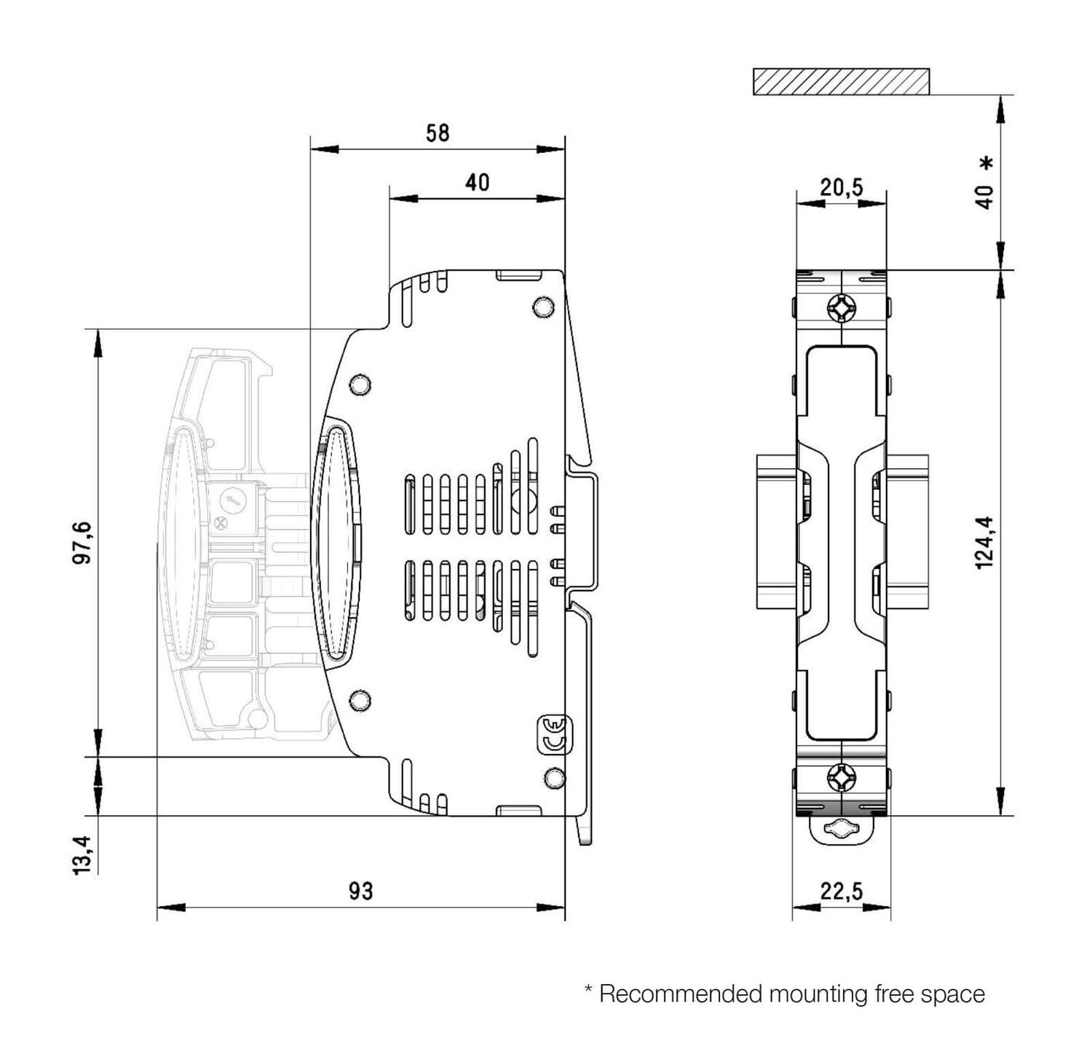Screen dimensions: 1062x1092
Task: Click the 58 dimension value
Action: click(x=438, y=133)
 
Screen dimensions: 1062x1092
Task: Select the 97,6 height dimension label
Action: click(x=82, y=542)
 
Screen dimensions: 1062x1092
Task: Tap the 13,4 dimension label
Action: click(x=82, y=854)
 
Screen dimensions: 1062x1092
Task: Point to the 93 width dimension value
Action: click(x=360, y=890)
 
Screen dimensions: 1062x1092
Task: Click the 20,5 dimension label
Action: click(x=842, y=187)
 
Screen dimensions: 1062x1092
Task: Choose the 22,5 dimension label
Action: click(x=842, y=890)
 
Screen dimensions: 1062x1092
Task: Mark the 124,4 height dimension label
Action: click(x=984, y=542)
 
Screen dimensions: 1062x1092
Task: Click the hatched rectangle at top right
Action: click(x=841, y=82)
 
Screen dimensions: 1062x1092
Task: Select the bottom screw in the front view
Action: click(x=842, y=777)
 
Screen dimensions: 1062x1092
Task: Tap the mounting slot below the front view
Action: click(x=842, y=829)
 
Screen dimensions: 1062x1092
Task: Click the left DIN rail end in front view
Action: click(x=776, y=532)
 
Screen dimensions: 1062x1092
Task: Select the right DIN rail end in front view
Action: click(x=907, y=532)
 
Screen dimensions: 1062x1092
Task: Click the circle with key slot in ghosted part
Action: click(x=232, y=500)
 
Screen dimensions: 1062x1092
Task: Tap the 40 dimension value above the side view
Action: click(x=477, y=182)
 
